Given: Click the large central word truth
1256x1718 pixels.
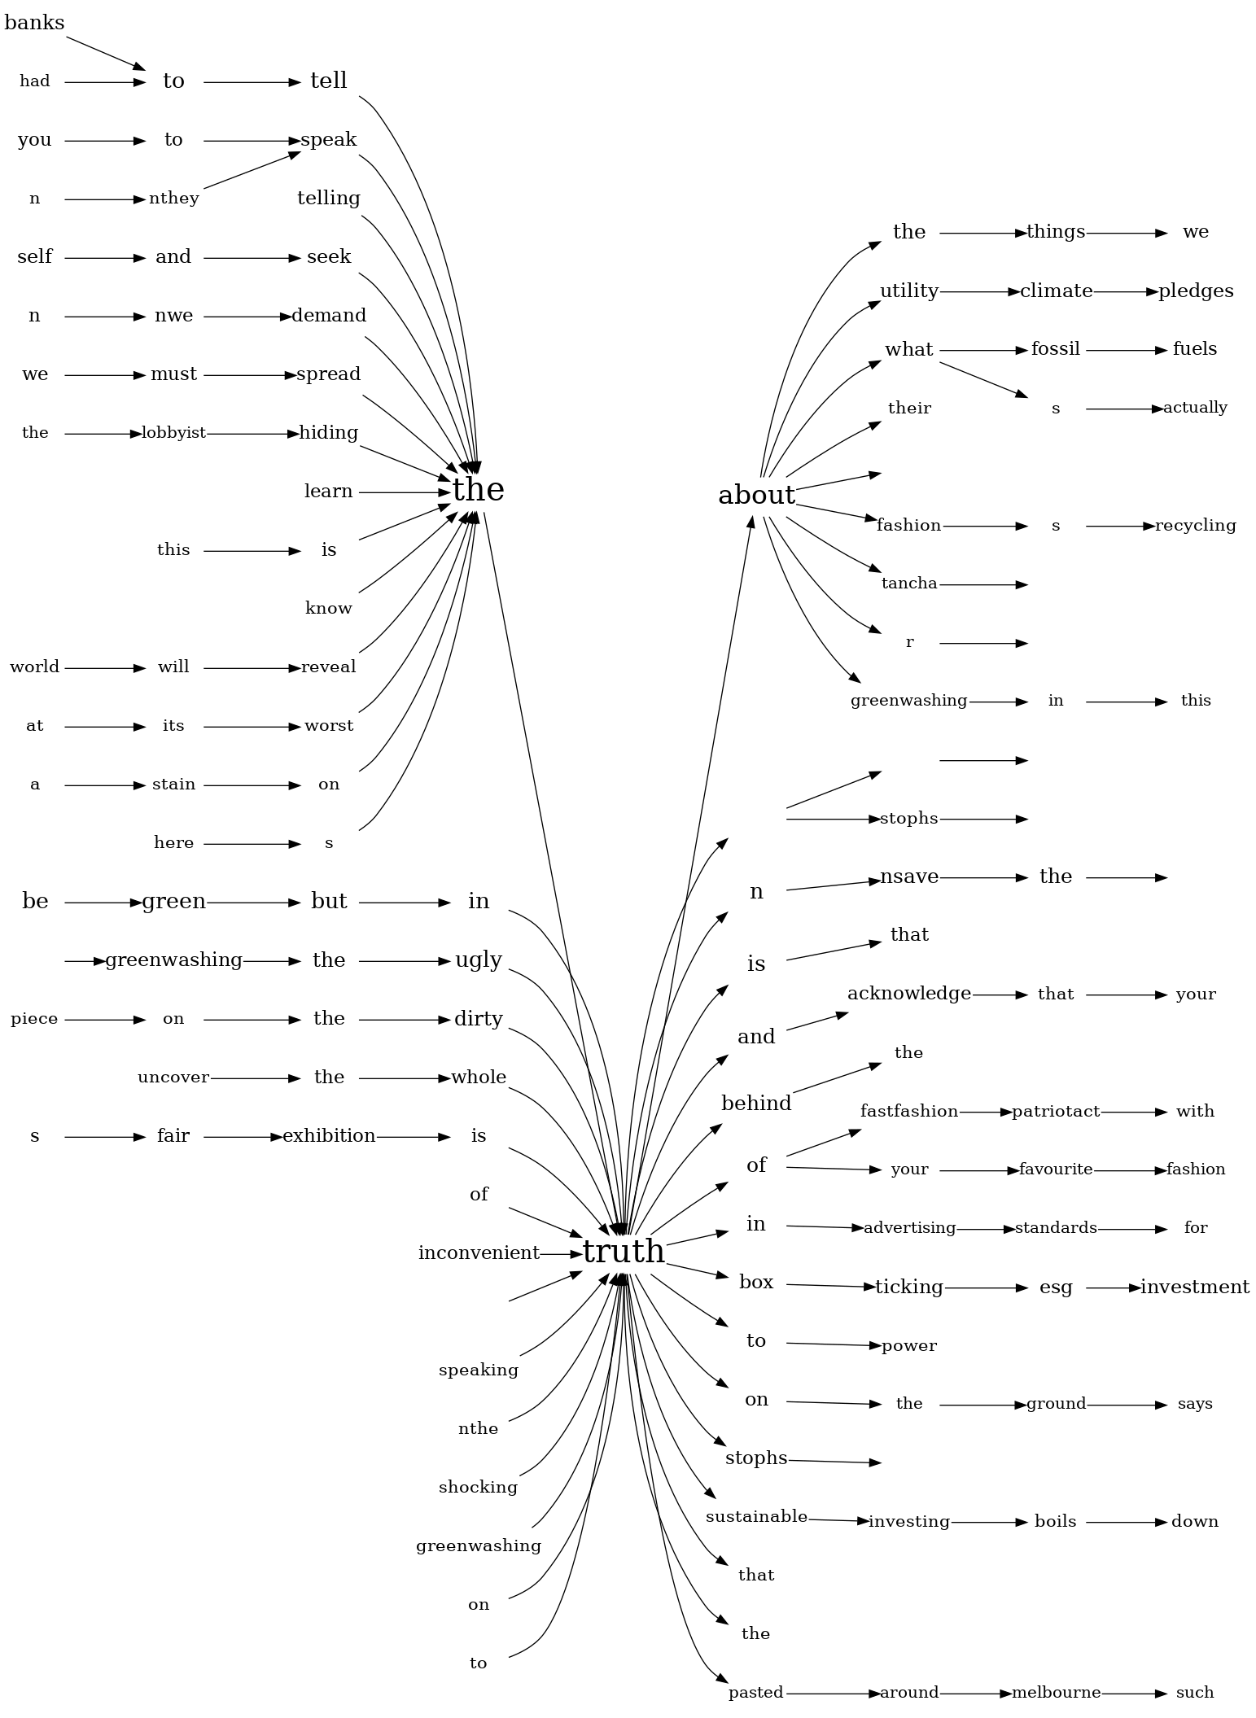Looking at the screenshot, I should pos(624,1252).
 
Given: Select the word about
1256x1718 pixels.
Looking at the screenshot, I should pos(756,495).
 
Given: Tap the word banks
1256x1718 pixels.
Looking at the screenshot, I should pos(34,23).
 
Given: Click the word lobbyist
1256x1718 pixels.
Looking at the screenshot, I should pos(173,433).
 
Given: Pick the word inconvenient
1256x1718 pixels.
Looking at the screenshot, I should pos(479,1253).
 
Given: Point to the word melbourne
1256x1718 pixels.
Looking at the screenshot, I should pos(1056,1693).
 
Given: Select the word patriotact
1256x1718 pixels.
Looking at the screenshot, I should pos(1056,1112).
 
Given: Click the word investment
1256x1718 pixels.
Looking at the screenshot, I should pos(1195,1287).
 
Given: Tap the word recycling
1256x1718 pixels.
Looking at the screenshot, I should pos(1195,526).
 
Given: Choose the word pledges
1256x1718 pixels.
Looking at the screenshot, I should pos(1195,291).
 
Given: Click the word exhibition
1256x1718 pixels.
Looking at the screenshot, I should pos(329,1136).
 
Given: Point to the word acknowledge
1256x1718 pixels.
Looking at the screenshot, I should pos(909,994).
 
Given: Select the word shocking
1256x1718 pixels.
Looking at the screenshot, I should pos(479,1488).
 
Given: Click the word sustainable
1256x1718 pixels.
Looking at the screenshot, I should pos(756,1517).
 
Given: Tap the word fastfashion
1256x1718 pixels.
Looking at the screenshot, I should pos(909,1112).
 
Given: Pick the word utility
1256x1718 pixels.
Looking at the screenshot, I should pos(909,291).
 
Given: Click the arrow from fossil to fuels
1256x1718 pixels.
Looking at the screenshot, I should pos(1127,351).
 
